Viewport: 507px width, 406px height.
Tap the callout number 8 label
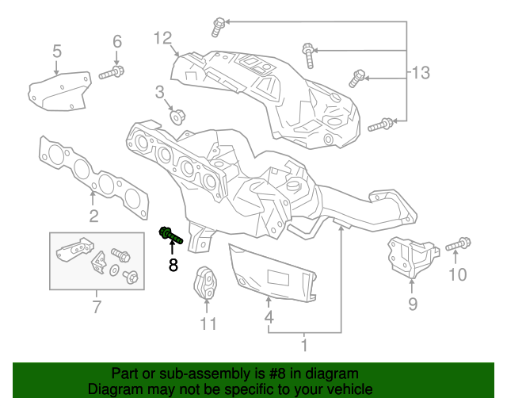[x=173, y=265]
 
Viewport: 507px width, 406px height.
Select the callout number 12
[x=162, y=37]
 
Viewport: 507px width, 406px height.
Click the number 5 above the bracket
[x=57, y=52]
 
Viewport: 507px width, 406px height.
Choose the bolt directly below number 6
[x=112, y=73]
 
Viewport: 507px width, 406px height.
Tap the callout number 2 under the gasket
[x=93, y=216]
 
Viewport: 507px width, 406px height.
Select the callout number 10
[x=458, y=275]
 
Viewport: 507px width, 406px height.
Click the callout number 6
[x=117, y=41]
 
